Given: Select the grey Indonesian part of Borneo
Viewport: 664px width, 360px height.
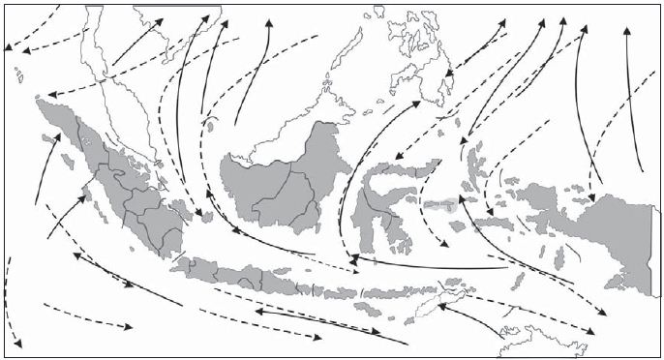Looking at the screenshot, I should coord(281,184).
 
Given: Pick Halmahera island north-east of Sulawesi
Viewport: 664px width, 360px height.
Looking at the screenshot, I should coord(474,160).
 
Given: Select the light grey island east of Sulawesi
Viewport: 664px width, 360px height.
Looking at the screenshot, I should coord(440,206).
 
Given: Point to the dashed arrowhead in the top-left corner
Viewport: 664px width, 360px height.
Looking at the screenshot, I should coord(8,46).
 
